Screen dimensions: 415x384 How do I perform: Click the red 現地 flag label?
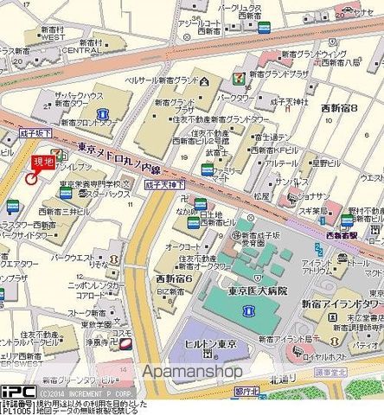coord(42,161)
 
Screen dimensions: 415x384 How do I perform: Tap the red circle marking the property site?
coord(30,179)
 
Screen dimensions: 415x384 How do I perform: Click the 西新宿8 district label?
coord(339,109)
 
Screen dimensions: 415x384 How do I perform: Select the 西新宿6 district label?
coord(174,278)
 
